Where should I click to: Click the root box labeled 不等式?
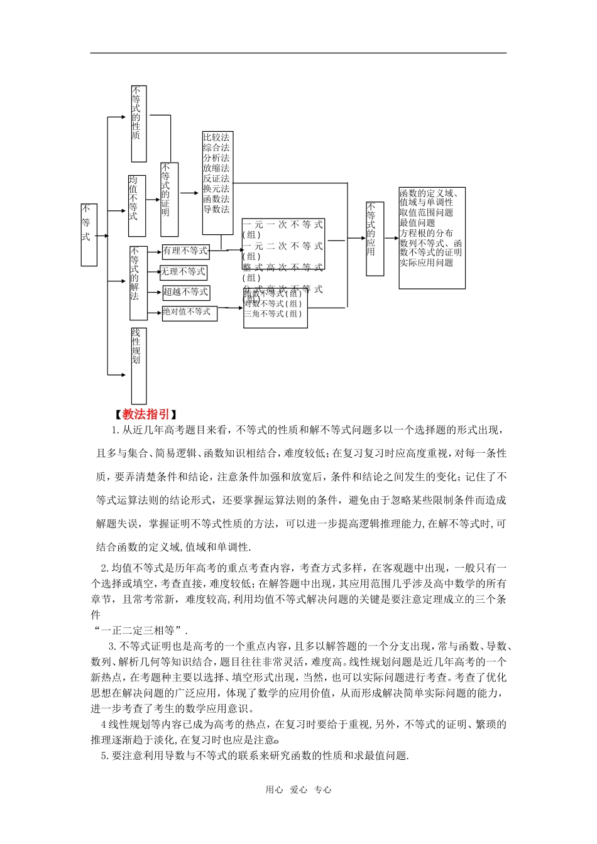point(89,234)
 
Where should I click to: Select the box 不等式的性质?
point(138,124)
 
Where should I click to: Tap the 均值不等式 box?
point(136,206)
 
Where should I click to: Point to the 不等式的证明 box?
point(168,199)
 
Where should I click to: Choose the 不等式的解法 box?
point(138,283)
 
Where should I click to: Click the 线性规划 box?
point(138,365)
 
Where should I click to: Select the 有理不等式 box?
point(185,251)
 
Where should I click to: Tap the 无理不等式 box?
point(183,272)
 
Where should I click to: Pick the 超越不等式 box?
point(185,292)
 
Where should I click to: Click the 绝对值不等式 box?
point(189,312)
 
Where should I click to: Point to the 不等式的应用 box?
point(375,239)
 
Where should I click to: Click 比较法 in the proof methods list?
point(216,138)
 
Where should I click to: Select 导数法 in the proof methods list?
point(216,209)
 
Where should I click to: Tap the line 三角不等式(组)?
point(273,314)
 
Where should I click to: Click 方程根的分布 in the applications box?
point(426,233)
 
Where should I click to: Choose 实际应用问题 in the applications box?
point(426,262)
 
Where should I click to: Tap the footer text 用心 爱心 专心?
point(298,790)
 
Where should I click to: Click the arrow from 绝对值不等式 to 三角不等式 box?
point(230,308)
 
